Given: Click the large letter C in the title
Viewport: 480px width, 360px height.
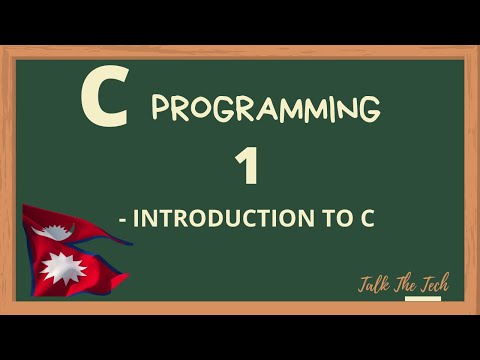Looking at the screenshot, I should (x=104, y=101).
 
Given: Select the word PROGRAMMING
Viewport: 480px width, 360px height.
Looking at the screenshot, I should (x=265, y=108).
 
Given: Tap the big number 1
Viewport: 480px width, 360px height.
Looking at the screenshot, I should (x=246, y=166).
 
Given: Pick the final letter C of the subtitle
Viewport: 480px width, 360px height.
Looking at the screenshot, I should (x=367, y=219).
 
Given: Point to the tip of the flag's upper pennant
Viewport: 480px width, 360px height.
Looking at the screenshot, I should (x=131, y=242).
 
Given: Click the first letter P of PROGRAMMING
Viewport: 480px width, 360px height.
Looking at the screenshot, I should (x=160, y=108).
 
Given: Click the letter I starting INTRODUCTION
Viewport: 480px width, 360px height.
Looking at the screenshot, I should (x=135, y=219).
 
